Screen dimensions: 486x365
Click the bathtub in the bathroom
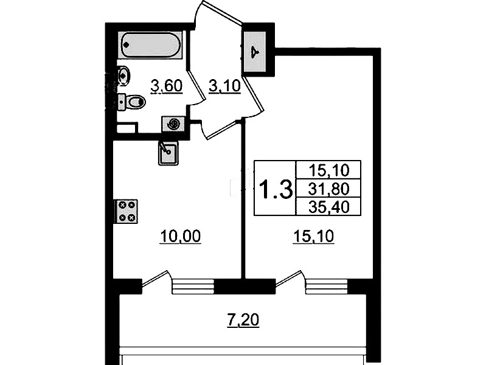click(x=151, y=45)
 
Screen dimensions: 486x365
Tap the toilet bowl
click(x=132, y=102)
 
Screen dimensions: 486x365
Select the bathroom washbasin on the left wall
click(x=123, y=75)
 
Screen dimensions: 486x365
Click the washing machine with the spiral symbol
click(x=173, y=125)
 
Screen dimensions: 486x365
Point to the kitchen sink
click(x=168, y=153)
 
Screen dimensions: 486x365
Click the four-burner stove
click(x=126, y=211)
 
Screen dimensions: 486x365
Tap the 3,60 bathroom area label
click(x=167, y=86)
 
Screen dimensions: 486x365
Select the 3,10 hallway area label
click(x=224, y=86)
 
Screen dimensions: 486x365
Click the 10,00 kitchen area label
click(x=181, y=236)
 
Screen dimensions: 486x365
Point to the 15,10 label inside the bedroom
click(x=314, y=236)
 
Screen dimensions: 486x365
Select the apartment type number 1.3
click(x=276, y=189)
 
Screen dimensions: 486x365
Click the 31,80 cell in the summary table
click(x=329, y=189)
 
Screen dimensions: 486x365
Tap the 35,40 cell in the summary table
click(x=329, y=207)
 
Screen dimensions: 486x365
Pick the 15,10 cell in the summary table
click(x=329, y=170)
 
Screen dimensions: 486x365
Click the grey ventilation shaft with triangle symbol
click(x=255, y=52)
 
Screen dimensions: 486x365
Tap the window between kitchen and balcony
click(x=193, y=287)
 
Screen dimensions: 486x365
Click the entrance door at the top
click(x=220, y=12)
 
